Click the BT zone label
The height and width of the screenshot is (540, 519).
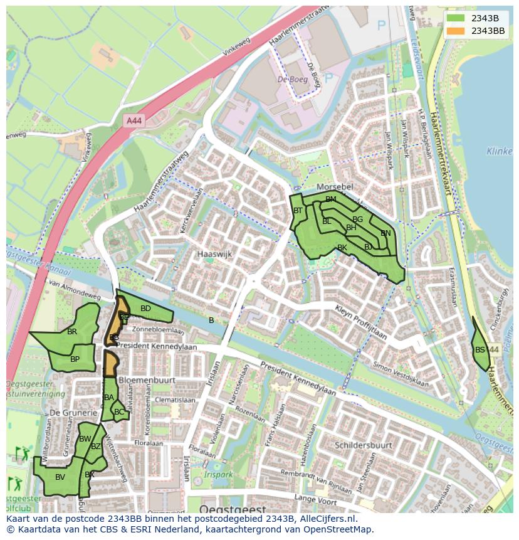298,211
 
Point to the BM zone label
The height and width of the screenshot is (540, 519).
331,199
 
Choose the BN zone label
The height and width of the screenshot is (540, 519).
385,233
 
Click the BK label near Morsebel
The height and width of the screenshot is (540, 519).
342,248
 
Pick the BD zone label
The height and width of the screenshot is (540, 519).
145,309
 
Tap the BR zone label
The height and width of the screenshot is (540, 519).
72,332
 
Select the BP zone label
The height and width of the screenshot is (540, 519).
75,359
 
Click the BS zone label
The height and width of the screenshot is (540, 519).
480,350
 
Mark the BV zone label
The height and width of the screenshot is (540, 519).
60,477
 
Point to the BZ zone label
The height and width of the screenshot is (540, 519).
95,447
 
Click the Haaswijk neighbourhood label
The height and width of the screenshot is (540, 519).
214,255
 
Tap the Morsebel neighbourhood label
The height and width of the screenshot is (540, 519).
335,188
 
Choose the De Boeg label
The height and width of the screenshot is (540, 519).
292,80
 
